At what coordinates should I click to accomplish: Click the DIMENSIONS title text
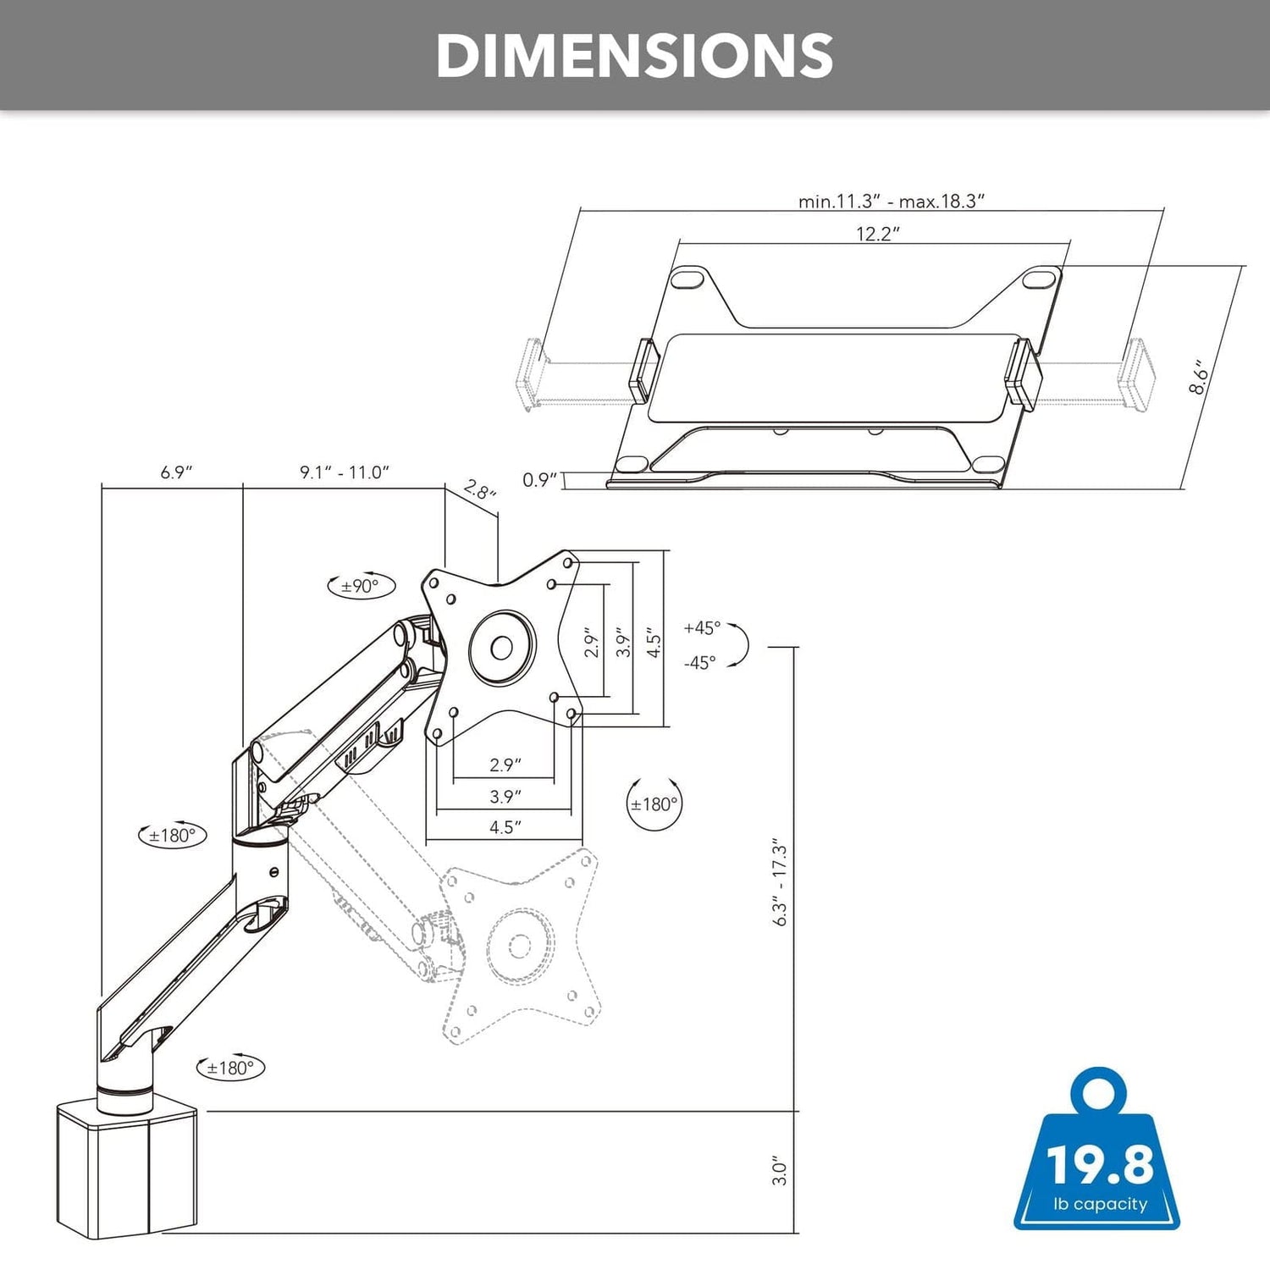click(635, 56)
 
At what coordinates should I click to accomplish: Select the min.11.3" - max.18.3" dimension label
click(892, 202)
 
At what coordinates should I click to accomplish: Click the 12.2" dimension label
click(877, 234)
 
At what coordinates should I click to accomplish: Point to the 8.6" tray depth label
click(1199, 376)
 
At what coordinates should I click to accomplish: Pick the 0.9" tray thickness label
click(540, 480)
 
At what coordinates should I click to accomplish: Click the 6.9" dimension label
click(177, 472)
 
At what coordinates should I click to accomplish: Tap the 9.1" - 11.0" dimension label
click(345, 472)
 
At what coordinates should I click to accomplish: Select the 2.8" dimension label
click(479, 489)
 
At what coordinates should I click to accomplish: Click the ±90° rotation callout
click(361, 586)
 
